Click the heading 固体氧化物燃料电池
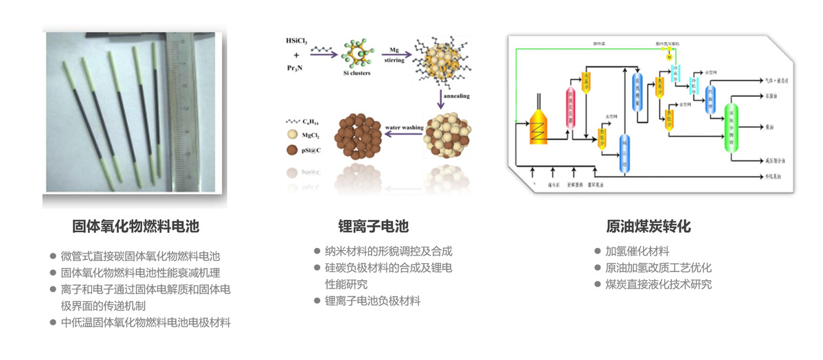point(136,226)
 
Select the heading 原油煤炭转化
point(648,226)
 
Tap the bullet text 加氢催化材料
point(637,251)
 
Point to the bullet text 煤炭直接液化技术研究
point(658,284)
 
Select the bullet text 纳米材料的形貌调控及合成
point(389,251)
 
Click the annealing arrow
point(440,98)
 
